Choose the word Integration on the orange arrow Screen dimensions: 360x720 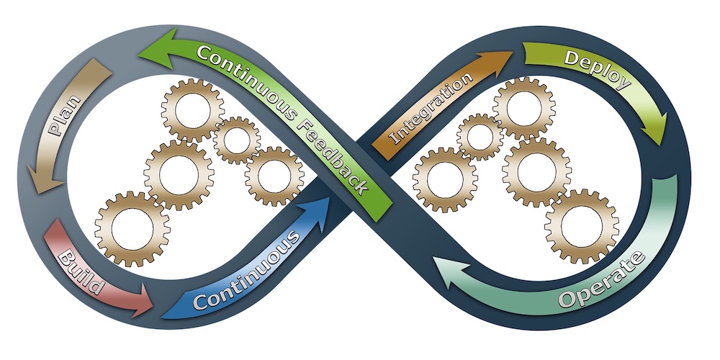tap(433, 107)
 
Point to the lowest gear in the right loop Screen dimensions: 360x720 tap(581, 226)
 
